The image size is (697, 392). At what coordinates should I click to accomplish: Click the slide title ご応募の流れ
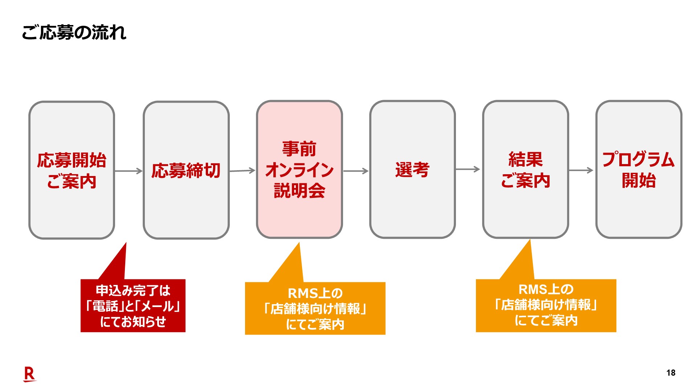pyautogui.click(x=74, y=32)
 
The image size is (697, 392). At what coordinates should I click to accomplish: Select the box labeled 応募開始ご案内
pyautogui.click(x=72, y=170)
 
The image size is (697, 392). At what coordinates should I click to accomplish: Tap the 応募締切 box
pyautogui.click(x=186, y=170)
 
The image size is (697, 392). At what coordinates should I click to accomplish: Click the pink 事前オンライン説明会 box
pyautogui.click(x=299, y=169)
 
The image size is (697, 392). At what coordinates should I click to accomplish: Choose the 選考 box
pyautogui.click(x=412, y=169)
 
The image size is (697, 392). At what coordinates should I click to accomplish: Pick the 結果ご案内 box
pyautogui.click(x=526, y=169)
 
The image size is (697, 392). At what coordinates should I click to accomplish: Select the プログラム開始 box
pyautogui.click(x=639, y=169)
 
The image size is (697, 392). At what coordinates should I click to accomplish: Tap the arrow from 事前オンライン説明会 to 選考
pyautogui.click(x=356, y=171)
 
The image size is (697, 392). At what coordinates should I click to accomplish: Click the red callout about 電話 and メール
pyautogui.click(x=133, y=306)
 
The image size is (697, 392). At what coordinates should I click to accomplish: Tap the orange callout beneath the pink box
pyautogui.click(x=315, y=308)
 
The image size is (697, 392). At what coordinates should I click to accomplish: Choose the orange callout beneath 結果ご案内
pyautogui.click(x=546, y=305)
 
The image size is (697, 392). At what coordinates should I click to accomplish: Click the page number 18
pyautogui.click(x=671, y=373)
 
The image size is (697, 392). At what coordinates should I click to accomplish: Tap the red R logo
pyautogui.click(x=29, y=374)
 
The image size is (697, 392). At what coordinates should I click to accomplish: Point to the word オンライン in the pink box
pyautogui.click(x=299, y=170)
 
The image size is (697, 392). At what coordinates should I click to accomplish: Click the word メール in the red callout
pyautogui.click(x=157, y=306)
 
